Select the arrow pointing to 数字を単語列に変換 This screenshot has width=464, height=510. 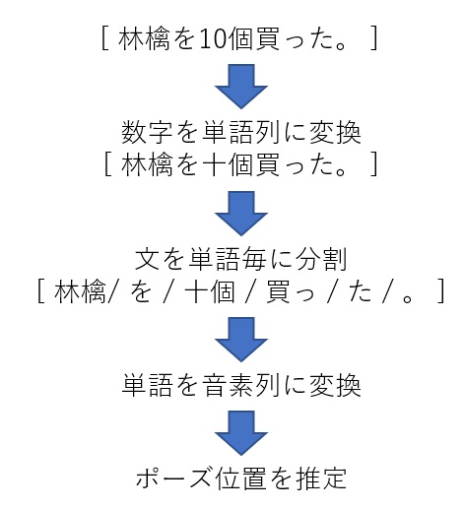tap(241, 87)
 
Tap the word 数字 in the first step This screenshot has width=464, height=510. tap(147, 132)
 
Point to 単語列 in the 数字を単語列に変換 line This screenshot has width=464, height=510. tap(240, 132)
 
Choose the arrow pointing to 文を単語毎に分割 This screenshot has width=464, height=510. tap(241, 214)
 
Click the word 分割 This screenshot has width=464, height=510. tap(322, 259)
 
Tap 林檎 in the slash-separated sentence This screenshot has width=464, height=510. tap(80, 291)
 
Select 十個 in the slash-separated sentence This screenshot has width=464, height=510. tap(210, 291)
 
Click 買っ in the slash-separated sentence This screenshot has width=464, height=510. tap(290, 291)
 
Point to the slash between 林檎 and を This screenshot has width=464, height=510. tap(111, 291)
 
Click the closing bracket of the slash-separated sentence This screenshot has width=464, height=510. tap(441, 291)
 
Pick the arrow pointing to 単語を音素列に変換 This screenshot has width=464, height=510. tap(241, 340)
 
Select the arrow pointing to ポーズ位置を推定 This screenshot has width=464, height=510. tap(241, 433)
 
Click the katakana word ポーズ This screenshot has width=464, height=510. tap(173, 478)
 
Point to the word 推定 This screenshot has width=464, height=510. tap(321, 478)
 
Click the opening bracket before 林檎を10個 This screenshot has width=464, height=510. tap(105, 38)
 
